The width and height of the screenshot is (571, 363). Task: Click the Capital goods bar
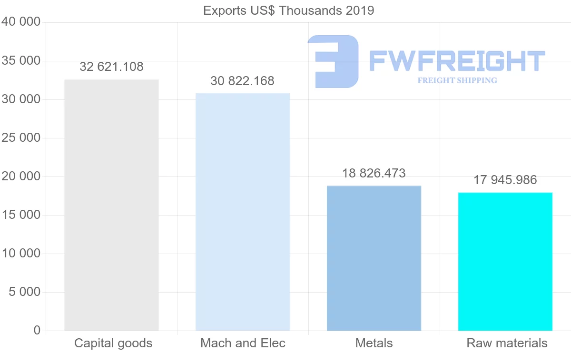[x=111, y=205]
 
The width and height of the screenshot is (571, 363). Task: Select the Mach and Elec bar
[x=243, y=212]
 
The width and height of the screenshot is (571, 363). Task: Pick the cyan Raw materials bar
[x=505, y=261]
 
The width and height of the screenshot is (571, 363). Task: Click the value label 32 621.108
[x=111, y=67]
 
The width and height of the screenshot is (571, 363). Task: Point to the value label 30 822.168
[x=242, y=81]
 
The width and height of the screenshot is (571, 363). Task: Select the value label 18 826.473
[x=374, y=173]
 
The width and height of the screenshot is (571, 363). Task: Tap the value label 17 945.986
[x=505, y=180]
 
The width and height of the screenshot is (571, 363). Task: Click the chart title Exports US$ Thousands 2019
[x=288, y=10]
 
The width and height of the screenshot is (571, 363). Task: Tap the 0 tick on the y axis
[x=37, y=330]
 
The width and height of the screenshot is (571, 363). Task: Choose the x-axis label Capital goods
[x=113, y=343]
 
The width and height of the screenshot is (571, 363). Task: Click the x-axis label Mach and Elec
[x=243, y=343]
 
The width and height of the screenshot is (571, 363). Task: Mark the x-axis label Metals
[x=374, y=343]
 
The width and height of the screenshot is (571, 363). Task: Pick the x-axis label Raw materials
[x=507, y=343]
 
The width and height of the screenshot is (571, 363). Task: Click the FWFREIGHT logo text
[x=457, y=61]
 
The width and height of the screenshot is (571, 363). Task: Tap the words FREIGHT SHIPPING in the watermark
[x=457, y=80]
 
